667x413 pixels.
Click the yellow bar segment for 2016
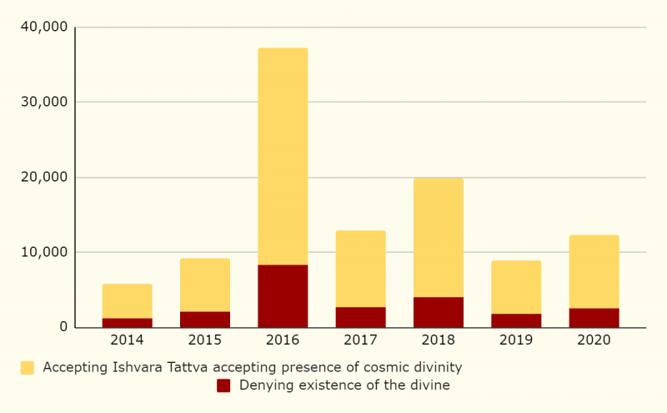[x=283, y=156]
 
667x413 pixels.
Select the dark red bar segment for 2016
[x=283, y=295]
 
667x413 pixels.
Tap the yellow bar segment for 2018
[x=439, y=237]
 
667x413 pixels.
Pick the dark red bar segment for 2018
[x=439, y=312]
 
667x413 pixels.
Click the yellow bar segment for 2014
[x=127, y=300]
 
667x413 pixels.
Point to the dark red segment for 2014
[x=127, y=322]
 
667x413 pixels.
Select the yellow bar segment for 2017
[x=360, y=269]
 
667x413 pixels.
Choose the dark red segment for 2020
[x=594, y=317]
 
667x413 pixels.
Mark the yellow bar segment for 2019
[x=516, y=287]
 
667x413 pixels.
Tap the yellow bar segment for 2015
[x=205, y=285]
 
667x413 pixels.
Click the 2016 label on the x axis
[x=283, y=340]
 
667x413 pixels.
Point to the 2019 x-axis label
[x=516, y=340]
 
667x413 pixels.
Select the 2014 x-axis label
[x=127, y=340]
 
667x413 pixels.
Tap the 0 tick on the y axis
[x=63, y=327]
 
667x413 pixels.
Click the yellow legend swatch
[x=28, y=367]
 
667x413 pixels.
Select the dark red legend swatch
[x=223, y=385]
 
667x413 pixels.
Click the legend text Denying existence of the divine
[x=344, y=385]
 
